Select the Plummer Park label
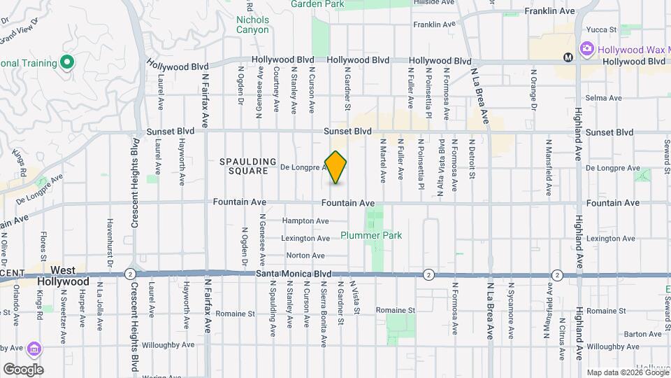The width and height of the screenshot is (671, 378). (371, 236)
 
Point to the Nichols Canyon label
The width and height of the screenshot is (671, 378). (252, 25)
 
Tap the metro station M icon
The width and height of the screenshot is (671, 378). (568, 57)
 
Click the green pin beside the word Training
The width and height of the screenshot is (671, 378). (67, 63)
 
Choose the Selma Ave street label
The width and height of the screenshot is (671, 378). (603, 98)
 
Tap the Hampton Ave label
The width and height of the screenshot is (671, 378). (305, 221)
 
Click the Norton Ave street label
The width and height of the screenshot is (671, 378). (305, 255)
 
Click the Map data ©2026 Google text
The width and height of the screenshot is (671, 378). (628, 372)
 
